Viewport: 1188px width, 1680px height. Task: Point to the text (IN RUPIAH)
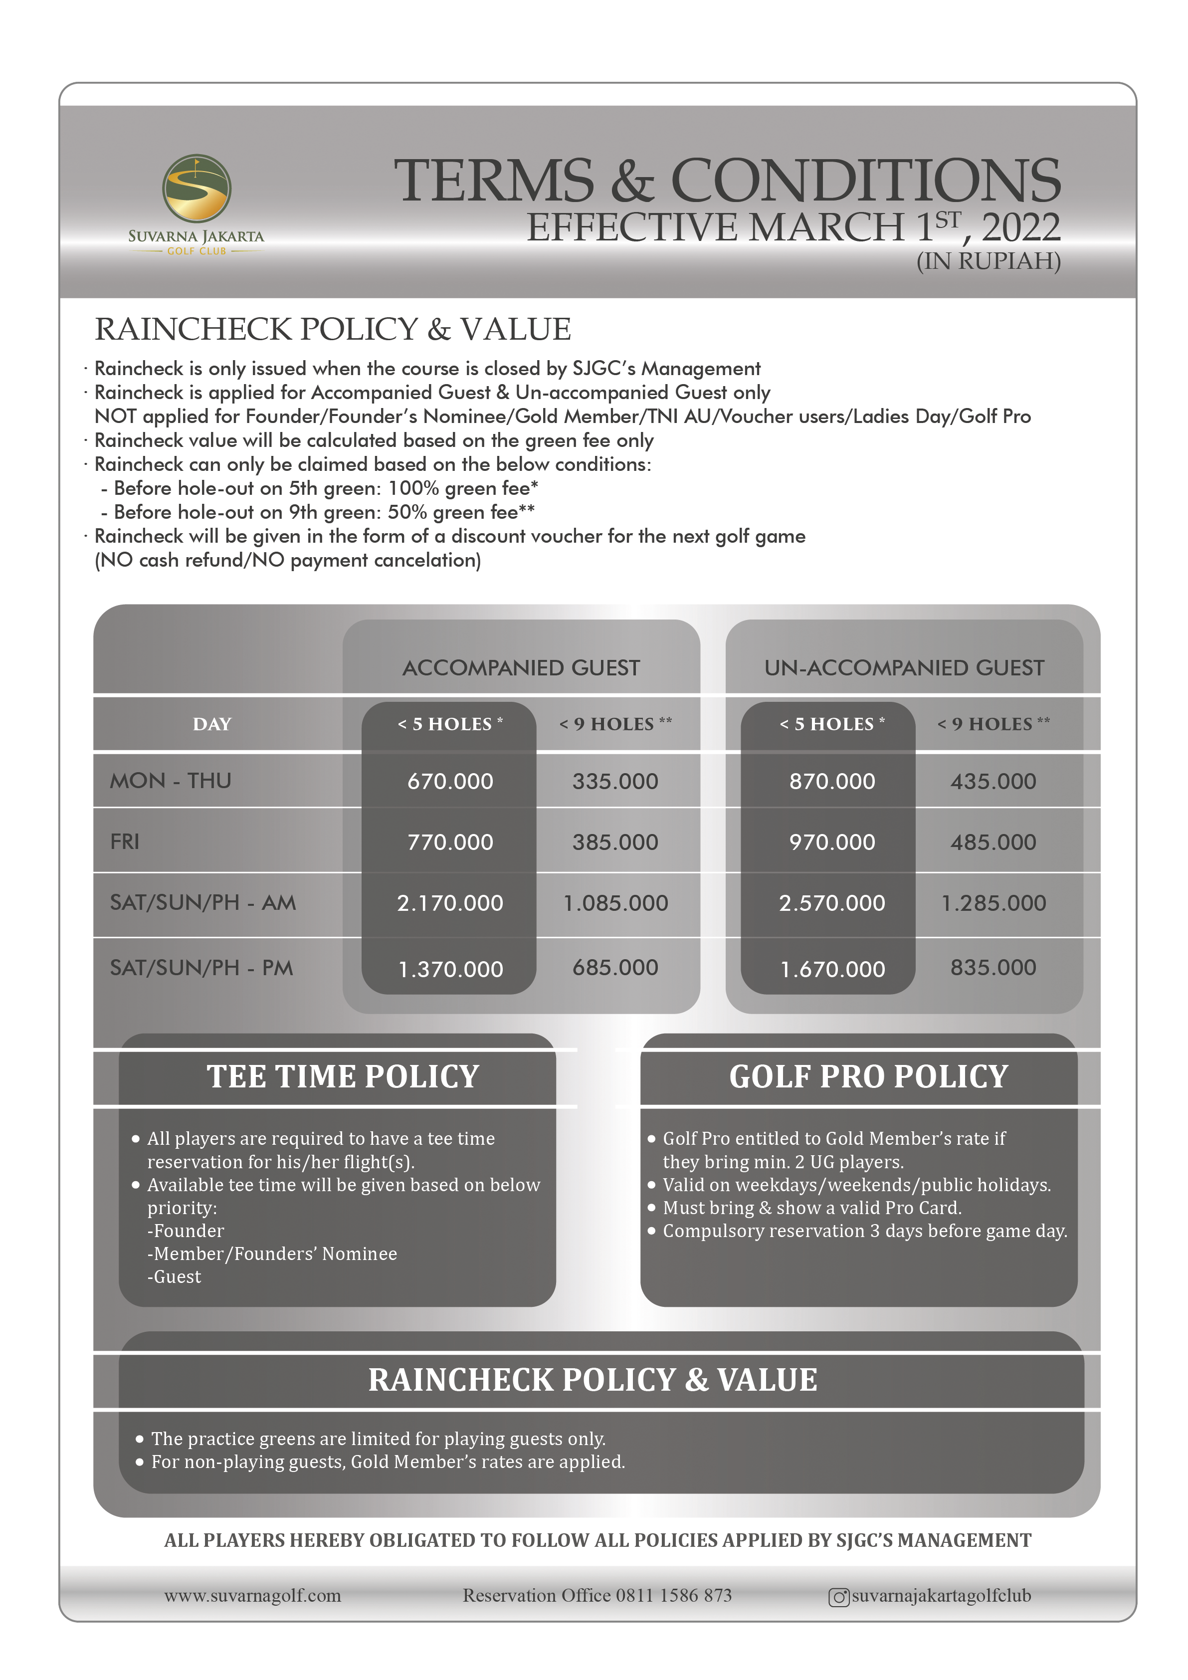(x=989, y=261)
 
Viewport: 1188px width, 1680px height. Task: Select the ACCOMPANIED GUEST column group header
(x=521, y=667)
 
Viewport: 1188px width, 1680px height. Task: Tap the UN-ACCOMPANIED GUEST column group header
(x=904, y=667)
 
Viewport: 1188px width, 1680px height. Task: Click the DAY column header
(x=212, y=724)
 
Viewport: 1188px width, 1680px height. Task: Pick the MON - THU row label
(x=171, y=781)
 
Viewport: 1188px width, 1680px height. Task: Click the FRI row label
(x=125, y=841)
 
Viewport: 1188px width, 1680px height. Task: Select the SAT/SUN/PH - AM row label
(x=202, y=902)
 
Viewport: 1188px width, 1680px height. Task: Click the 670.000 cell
(x=450, y=782)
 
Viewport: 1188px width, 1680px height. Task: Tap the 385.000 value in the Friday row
(x=615, y=842)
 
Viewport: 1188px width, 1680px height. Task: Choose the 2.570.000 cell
(x=832, y=903)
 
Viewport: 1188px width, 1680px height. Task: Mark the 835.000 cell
(x=992, y=967)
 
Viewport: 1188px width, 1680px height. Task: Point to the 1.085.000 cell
(x=615, y=903)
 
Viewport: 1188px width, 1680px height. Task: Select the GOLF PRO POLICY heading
(x=868, y=1076)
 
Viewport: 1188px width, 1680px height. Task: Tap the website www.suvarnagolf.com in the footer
(x=252, y=1595)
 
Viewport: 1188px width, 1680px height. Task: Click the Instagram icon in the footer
(x=838, y=1597)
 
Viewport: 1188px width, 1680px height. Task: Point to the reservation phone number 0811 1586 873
(x=673, y=1595)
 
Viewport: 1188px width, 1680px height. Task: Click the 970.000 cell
(x=832, y=842)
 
